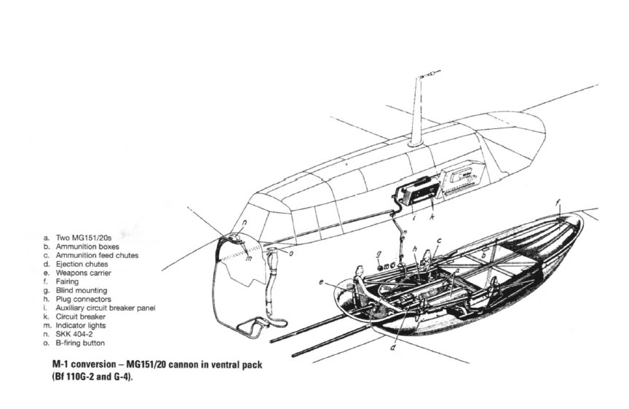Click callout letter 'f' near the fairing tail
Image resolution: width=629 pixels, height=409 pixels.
(x=558, y=203)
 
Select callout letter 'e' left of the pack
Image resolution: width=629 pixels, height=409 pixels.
(x=321, y=282)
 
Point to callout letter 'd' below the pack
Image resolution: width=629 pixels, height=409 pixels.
(x=393, y=347)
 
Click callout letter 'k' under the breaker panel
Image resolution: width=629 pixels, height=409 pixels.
(x=432, y=217)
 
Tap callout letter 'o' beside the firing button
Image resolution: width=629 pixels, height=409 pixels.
(x=291, y=253)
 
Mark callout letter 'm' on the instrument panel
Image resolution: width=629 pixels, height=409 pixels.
(x=249, y=258)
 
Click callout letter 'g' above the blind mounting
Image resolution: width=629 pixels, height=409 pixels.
(x=379, y=254)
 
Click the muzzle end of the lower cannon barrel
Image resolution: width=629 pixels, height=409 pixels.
(x=294, y=355)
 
